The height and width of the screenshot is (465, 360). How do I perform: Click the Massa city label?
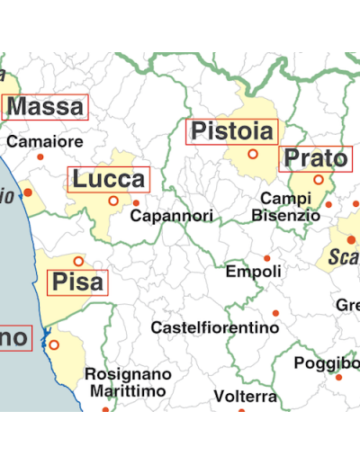coord(47,108)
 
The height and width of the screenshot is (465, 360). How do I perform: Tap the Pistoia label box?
coord(231,131)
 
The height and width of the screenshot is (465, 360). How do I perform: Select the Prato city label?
coord(314,159)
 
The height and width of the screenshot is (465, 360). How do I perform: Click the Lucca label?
coord(108,179)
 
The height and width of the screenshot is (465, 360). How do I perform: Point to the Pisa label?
coord(77,283)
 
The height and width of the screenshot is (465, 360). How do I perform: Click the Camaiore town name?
coord(45,142)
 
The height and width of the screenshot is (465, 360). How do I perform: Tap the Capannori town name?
coord(171,217)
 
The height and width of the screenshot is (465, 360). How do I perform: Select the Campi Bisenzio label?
coord(285,207)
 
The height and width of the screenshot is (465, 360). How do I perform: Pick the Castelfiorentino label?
coord(214,327)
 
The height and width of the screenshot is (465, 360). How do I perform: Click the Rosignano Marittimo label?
coord(128,382)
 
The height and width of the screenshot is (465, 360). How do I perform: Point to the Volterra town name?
coord(245,397)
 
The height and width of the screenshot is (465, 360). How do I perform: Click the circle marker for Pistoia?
coord(253,154)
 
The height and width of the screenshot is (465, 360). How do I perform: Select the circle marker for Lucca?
coord(113,201)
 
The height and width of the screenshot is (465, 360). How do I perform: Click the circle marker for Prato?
coord(319,180)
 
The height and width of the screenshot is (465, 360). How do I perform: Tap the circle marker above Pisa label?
coord(78,262)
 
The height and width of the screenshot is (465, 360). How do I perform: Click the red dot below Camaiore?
coord(40,157)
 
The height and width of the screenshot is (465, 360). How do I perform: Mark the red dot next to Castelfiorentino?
coord(276,312)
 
